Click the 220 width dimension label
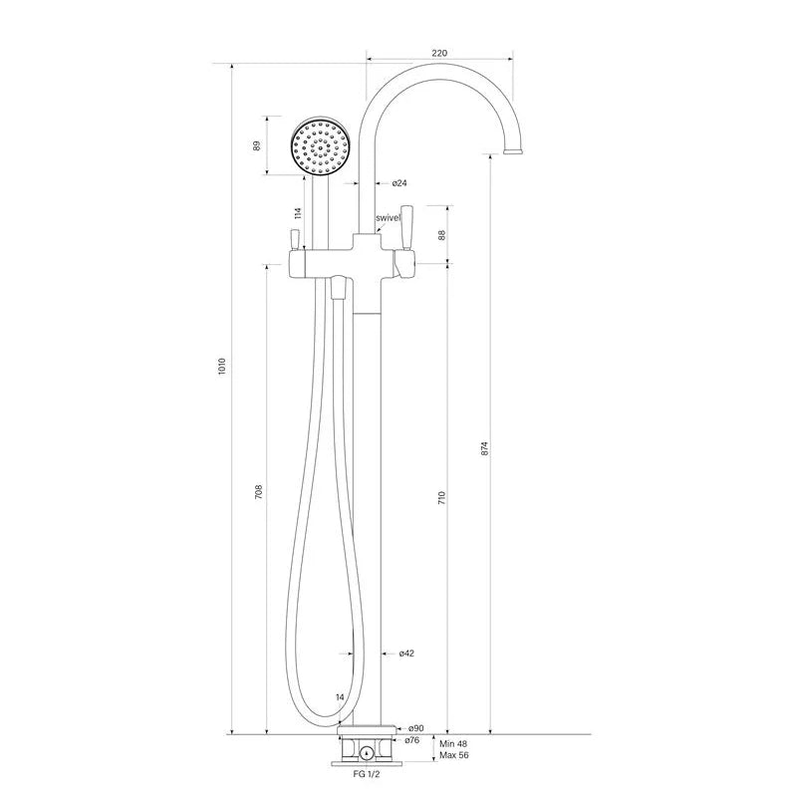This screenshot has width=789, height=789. coord(439,53)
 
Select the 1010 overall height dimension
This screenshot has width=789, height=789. coord(222,369)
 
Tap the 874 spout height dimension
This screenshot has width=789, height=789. coord(484,449)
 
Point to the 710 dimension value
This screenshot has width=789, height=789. coord(441,498)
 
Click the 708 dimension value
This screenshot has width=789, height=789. coord(259,492)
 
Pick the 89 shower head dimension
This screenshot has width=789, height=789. coord(257,145)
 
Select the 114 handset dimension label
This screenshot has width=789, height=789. coord(298,213)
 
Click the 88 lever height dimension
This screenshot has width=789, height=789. coord(441,235)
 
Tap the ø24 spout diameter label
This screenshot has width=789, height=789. coord(399,183)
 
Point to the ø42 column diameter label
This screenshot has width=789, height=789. coord(406,654)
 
